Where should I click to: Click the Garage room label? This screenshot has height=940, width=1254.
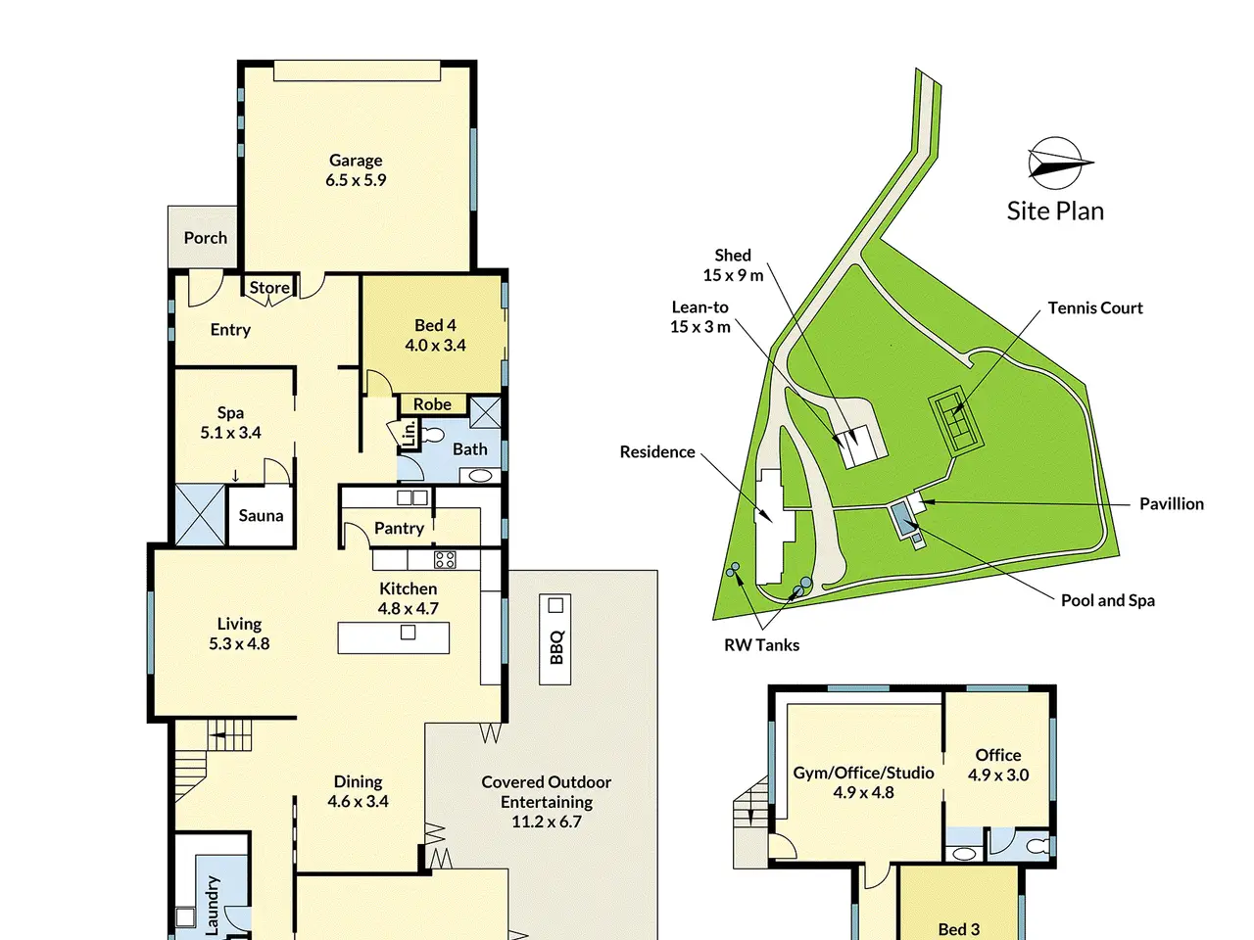click(356, 161)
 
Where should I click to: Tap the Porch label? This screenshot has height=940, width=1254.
click(205, 237)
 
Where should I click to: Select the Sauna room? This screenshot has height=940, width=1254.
click(261, 515)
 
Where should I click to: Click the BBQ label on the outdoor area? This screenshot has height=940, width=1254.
click(556, 647)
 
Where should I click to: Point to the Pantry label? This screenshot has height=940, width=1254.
click(399, 528)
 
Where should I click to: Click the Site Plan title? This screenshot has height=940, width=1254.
click(1054, 211)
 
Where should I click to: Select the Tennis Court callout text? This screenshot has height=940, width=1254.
click(1095, 308)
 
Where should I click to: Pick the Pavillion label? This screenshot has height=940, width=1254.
click(1171, 503)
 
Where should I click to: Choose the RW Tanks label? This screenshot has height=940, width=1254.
click(761, 645)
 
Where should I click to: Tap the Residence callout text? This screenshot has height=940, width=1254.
click(657, 452)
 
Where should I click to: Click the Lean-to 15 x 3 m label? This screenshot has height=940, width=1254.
click(699, 316)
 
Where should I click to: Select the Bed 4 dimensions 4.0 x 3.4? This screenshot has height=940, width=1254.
click(435, 346)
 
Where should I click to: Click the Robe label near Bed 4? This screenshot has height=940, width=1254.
click(432, 404)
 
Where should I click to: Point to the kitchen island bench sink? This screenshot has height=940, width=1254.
click(408, 632)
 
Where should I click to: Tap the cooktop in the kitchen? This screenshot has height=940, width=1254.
click(445, 559)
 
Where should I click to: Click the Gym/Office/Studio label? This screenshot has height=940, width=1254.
click(863, 773)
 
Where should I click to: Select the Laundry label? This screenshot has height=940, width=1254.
click(212, 906)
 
